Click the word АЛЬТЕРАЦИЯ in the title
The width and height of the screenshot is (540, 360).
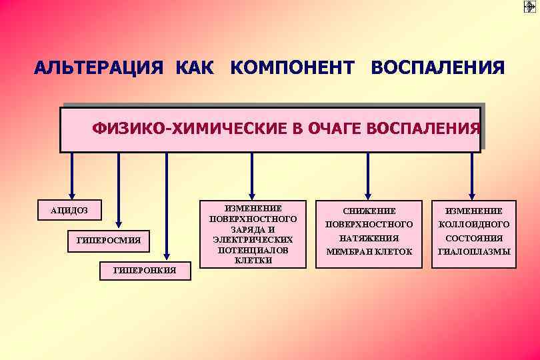(x=99, y=69)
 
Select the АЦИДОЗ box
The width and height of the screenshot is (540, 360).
(x=69, y=211)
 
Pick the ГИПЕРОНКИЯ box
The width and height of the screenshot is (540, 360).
(x=145, y=270)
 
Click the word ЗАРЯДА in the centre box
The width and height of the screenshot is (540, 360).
(x=253, y=229)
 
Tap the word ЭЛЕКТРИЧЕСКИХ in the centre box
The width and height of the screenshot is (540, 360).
(x=253, y=239)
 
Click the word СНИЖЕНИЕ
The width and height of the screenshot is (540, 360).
(x=369, y=211)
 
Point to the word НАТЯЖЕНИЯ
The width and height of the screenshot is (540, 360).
(x=369, y=238)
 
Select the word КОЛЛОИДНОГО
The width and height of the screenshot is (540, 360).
(x=473, y=225)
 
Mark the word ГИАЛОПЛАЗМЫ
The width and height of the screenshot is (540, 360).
(x=473, y=252)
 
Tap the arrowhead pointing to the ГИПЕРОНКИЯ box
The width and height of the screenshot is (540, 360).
(x=167, y=257)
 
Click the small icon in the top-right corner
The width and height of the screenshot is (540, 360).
(x=530, y=7)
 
